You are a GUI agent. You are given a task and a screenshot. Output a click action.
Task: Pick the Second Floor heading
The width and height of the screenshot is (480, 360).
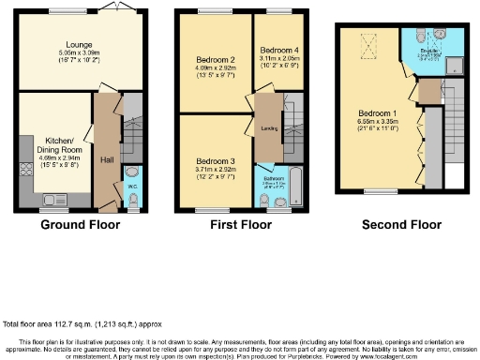click(400, 225)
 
